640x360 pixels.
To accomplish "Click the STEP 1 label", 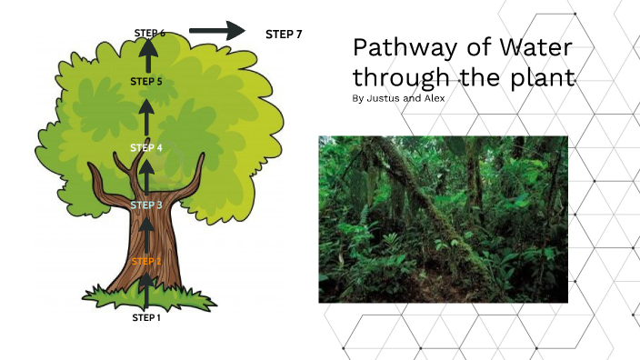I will pos(145,317).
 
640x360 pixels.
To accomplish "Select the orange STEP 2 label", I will pos(145,261).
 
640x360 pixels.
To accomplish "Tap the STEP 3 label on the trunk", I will pos(145,205).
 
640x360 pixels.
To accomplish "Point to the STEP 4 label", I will pos(145,147).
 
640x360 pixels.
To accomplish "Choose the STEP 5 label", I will pos(145,82).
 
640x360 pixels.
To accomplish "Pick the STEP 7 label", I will pos(284,35).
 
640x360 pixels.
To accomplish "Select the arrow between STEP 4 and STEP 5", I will pos(145,116).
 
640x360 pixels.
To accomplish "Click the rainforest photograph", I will pos(443,219).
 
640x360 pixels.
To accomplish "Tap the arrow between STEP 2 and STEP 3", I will pos(145,235).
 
